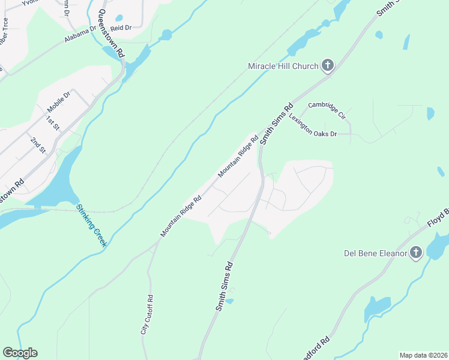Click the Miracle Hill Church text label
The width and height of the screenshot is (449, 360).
click(x=283, y=66)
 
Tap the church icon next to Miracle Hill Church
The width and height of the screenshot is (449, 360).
click(x=327, y=65)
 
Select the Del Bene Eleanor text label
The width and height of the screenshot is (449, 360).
click(x=375, y=253)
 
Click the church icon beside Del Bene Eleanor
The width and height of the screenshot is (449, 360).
click(x=416, y=253)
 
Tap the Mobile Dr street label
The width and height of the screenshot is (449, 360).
click(x=59, y=102)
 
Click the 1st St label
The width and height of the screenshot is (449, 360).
click(x=53, y=124)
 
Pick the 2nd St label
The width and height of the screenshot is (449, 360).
click(x=38, y=144)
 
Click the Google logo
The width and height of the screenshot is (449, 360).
click(x=20, y=353)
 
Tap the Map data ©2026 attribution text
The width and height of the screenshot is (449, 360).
click(x=423, y=355)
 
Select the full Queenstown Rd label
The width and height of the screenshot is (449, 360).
click(x=112, y=34)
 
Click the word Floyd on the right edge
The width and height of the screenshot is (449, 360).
click(x=437, y=219)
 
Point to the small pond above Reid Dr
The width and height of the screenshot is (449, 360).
click(x=119, y=18)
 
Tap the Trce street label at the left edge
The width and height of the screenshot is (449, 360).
click(x=5, y=30)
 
